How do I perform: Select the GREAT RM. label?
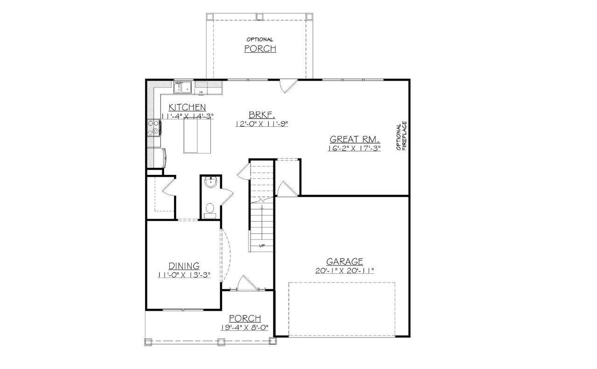(355, 139)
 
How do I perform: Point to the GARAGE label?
(345, 262)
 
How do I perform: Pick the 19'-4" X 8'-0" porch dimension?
(245, 328)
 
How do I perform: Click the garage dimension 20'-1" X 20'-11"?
(345, 271)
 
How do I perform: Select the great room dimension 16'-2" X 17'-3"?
(355, 148)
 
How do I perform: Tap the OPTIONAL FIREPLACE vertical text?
(401, 136)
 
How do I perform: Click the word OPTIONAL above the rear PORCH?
(260, 40)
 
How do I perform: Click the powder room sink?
(210, 182)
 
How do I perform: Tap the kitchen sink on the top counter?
(183, 87)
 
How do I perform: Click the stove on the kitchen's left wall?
(154, 127)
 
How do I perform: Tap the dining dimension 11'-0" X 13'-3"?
(184, 275)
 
